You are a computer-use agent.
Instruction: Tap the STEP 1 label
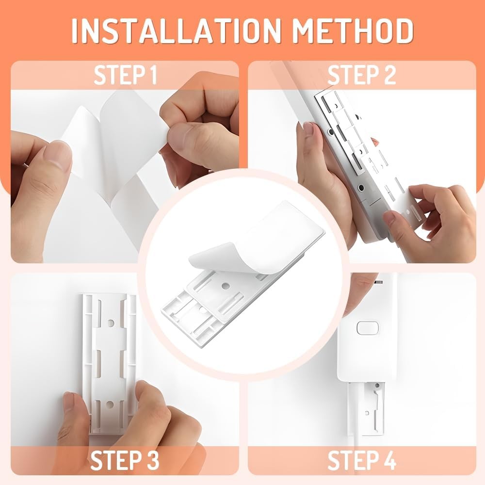pyautogui.click(x=125, y=75)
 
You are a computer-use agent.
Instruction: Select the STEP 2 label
pyautogui.click(x=362, y=75)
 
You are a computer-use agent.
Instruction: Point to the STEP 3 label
pyautogui.click(x=125, y=460)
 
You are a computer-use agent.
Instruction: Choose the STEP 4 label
pyautogui.click(x=362, y=460)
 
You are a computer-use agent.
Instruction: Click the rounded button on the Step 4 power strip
pyautogui.click(x=368, y=328)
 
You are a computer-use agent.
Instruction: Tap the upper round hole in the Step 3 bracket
pyautogui.click(x=111, y=323)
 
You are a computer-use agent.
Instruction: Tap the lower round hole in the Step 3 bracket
pyautogui.click(x=110, y=404)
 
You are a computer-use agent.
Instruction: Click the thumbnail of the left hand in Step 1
pyautogui.click(x=57, y=156)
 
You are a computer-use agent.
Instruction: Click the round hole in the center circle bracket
pyautogui.click(x=226, y=286)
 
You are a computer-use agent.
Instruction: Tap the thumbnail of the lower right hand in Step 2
pyautogui.click(x=391, y=219)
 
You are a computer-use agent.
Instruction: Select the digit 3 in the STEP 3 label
pyautogui.click(x=151, y=460)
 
